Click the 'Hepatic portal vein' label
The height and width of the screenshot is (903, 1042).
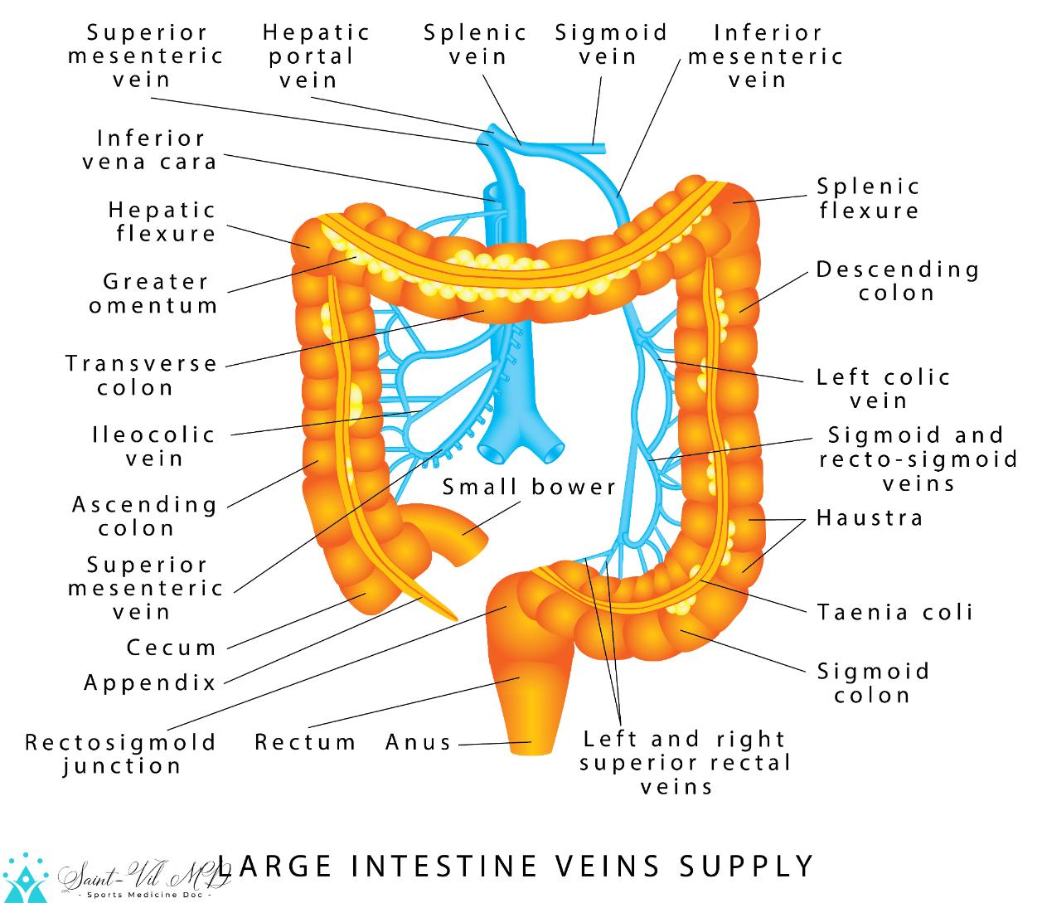pyautogui.click(x=315, y=56)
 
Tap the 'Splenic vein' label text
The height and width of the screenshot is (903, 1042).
pyautogui.click(x=476, y=45)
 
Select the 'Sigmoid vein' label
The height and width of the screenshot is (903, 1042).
pyautogui.click(x=611, y=45)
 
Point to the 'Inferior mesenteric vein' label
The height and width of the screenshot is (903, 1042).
pyautogui.click(x=765, y=56)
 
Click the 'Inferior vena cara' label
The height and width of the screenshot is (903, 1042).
pyautogui.click(x=151, y=149)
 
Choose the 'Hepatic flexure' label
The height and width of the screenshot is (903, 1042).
pyautogui.click(x=162, y=221)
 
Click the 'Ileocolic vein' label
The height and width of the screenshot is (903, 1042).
pyautogui.click(x=154, y=446)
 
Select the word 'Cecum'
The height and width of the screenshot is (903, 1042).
pyautogui.click(x=172, y=647)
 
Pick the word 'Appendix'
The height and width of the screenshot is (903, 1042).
pyautogui.click(x=150, y=682)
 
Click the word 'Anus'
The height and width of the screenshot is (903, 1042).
pyautogui.click(x=419, y=742)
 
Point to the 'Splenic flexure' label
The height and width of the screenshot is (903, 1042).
pyautogui.click(x=869, y=198)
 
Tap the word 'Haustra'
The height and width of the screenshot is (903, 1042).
pyautogui.click(x=870, y=518)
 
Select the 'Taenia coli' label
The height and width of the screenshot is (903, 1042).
pyautogui.click(x=895, y=613)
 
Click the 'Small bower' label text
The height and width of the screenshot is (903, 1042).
pyautogui.click(x=529, y=487)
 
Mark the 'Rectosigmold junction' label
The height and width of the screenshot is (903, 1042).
pyautogui.click(x=121, y=754)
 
